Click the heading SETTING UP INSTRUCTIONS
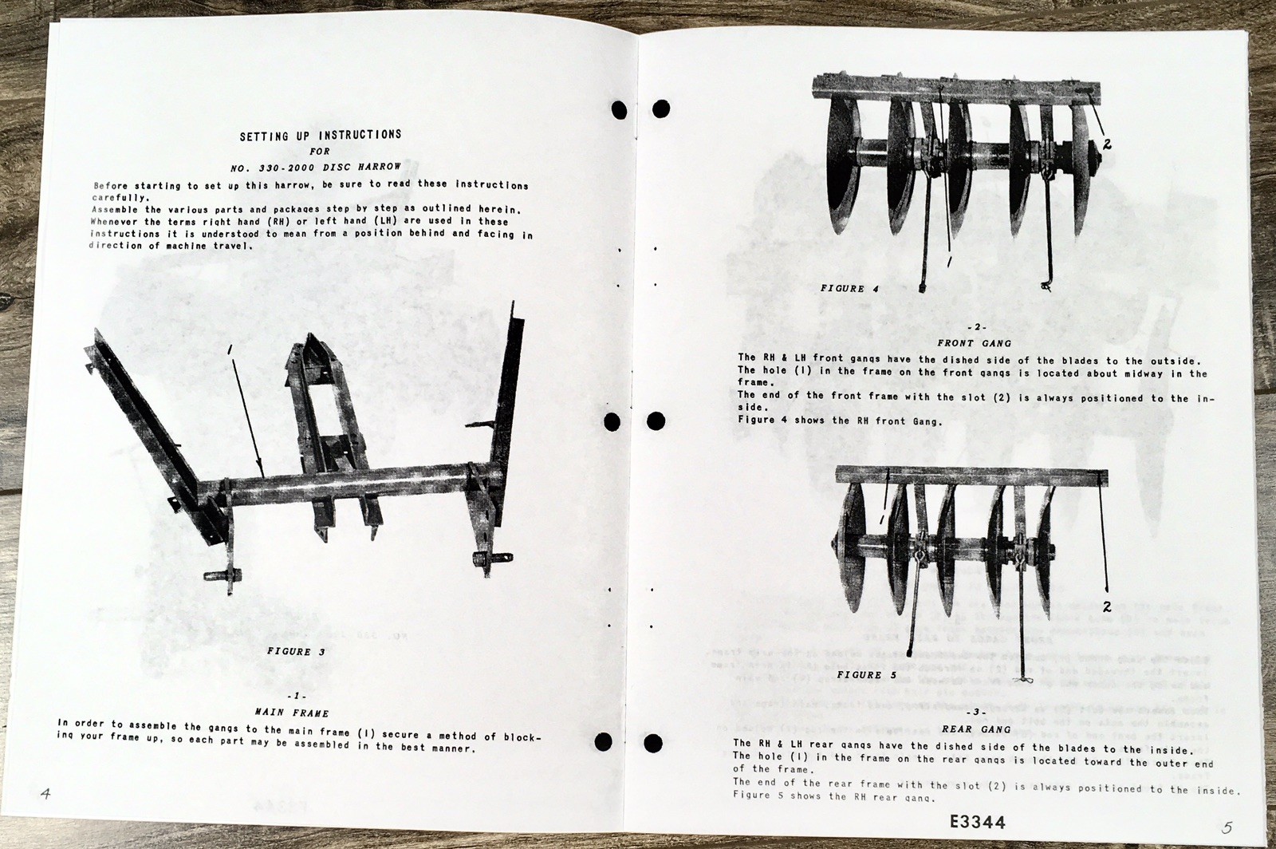(x=321, y=136)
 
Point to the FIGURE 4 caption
(x=849, y=289)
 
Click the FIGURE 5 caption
(x=866, y=675)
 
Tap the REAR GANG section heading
(x=975, y=729)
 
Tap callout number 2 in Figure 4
(x=1108, y=144)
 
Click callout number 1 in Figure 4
(x=949, y=261)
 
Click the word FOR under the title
(x=320, y=151)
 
